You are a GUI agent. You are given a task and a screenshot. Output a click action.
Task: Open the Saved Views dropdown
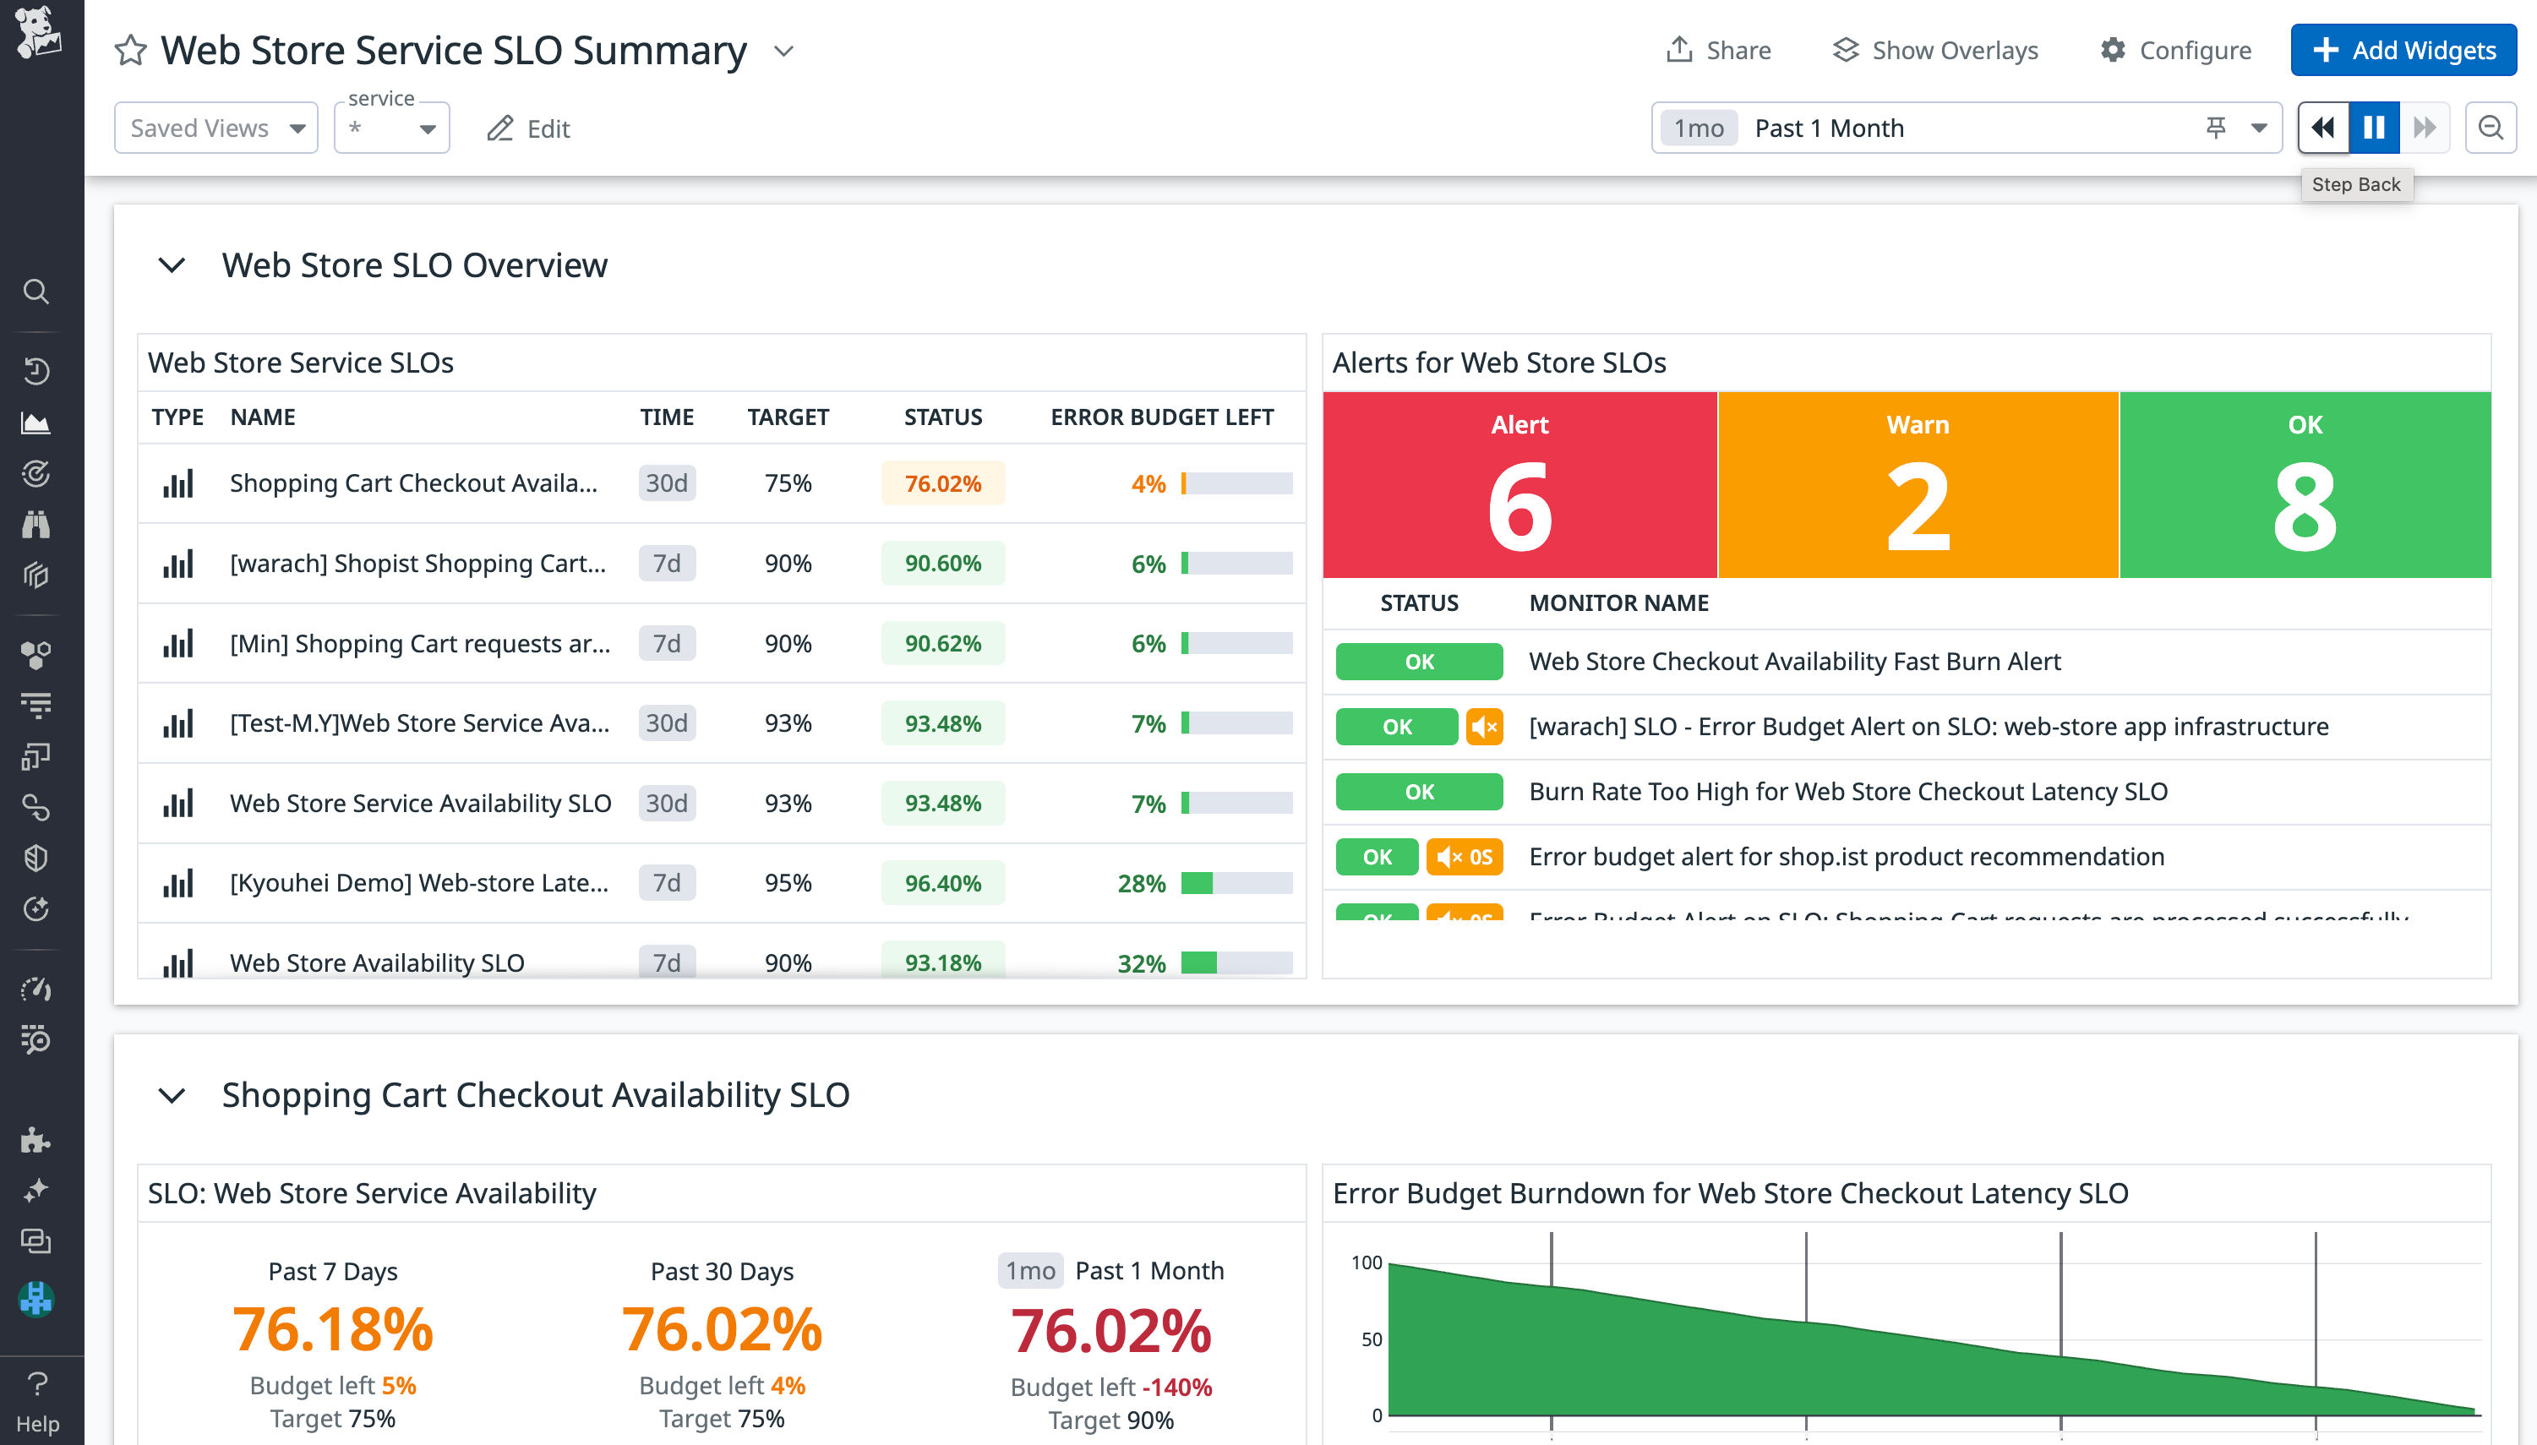coord(216,128)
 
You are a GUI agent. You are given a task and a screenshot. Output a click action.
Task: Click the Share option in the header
coord(1718,51)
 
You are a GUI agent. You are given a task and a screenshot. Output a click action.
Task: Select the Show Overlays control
coord(1934,51)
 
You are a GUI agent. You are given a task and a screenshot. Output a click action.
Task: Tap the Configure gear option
coord(2174,51)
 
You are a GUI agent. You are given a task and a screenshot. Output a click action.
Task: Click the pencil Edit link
coord(528,129)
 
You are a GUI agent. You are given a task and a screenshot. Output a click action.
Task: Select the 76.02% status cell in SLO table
coord(942,483)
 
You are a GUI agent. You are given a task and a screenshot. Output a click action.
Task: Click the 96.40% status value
coord(942,883)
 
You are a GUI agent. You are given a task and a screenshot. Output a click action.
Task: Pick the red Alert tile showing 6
coord(1519,485)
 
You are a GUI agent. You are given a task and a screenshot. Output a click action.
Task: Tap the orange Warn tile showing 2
coord(1918,485)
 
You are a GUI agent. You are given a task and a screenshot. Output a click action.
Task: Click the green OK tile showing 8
coord(2304,485)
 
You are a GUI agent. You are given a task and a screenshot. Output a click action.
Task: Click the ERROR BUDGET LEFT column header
coord(1161,417)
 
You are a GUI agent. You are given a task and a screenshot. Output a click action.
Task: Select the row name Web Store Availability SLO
coord(377,962)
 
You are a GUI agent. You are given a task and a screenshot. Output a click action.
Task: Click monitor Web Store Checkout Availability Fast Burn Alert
coord(1793,662)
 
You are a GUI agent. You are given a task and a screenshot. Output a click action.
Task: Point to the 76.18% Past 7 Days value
coord(332,1330)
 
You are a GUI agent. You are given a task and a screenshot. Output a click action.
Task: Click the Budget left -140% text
coord(1110,1387)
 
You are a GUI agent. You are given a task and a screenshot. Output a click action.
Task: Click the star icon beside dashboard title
coord(131,51)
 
